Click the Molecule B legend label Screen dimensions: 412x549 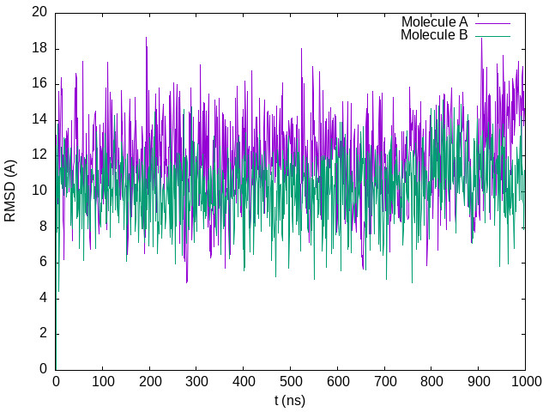click(434, 35)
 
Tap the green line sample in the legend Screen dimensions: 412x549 click(492, 35)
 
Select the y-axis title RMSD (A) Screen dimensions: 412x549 click(10, 191)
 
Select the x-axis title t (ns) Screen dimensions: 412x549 click(290, 400)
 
